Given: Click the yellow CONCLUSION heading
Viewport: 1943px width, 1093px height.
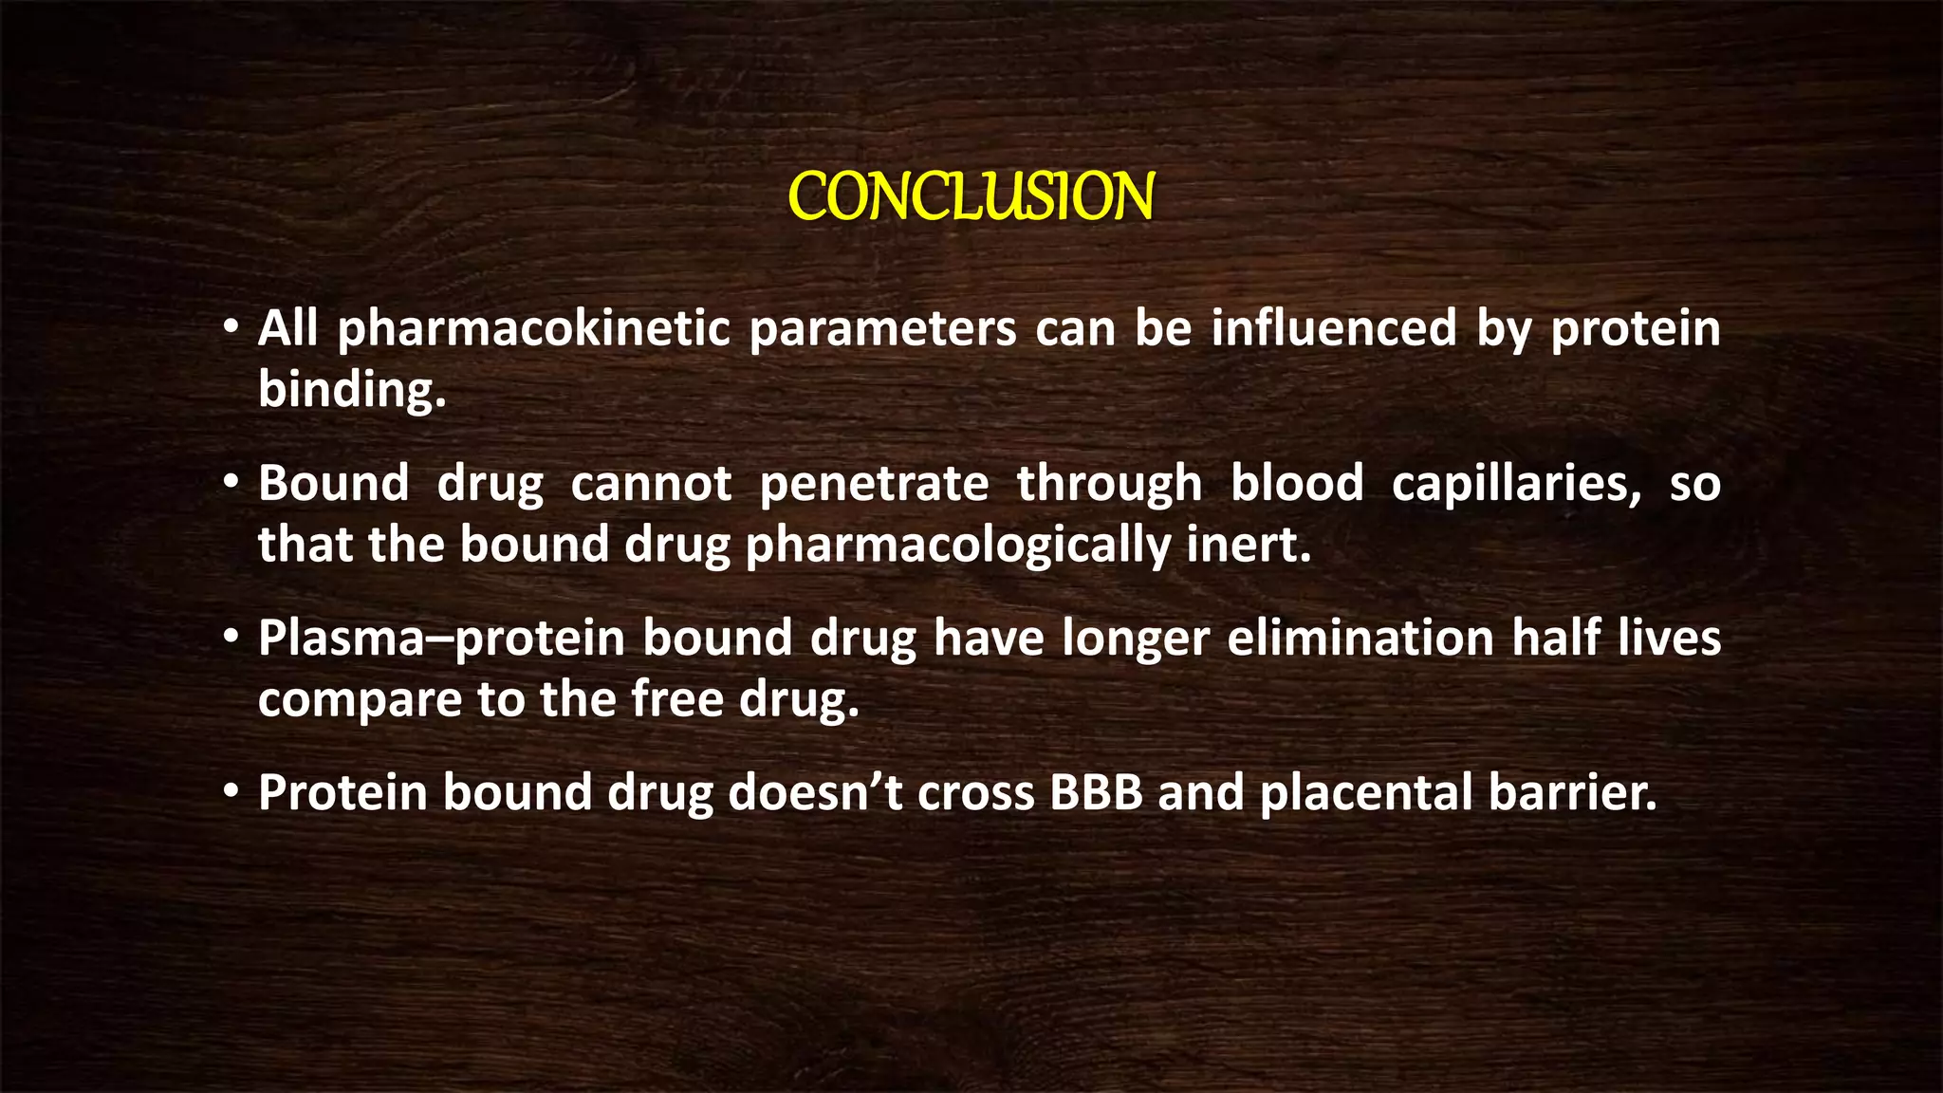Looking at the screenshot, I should (x=971, y=197).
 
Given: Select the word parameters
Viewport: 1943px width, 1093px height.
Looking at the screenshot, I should (x=882, y=330).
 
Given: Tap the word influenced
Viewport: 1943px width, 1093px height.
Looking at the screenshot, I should (x=1333, y=328).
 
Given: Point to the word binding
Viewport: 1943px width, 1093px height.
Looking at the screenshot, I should (x=351, y=390).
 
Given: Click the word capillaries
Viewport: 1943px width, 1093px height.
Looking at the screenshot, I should (x=1515, y=484).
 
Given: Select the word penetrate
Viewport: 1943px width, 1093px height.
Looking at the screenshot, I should (x=874, y=484).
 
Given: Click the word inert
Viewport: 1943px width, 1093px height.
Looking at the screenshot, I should (x=1249, y=545).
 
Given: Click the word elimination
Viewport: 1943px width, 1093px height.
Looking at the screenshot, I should (x=1360, y=638).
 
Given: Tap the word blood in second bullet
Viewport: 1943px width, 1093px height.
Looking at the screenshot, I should (x=1296, y=483).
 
